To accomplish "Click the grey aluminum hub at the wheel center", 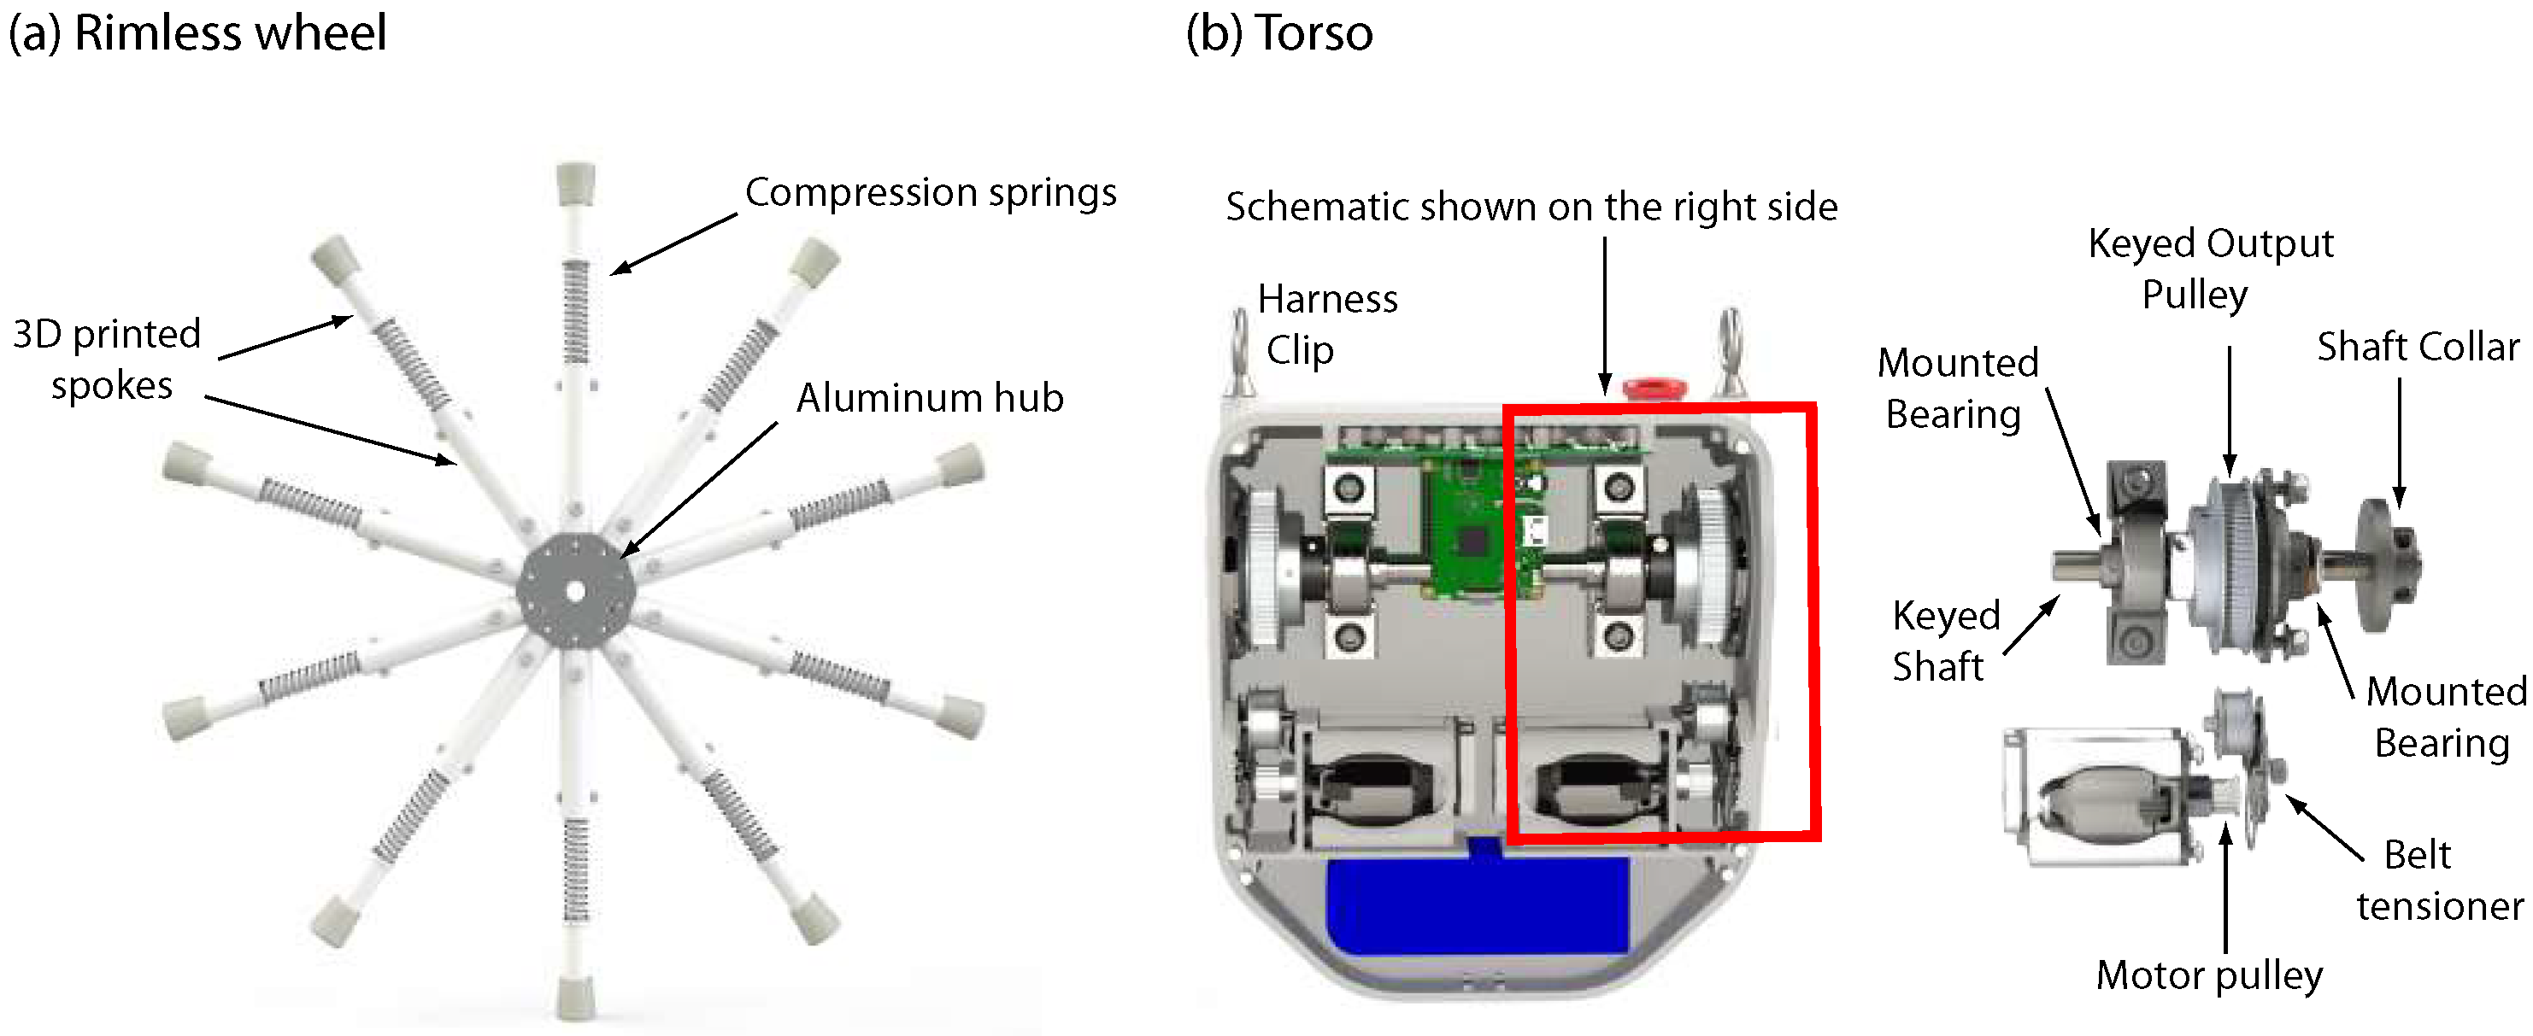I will [576, 591].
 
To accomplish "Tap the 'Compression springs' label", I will [930, 193].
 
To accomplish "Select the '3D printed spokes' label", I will [109, 360].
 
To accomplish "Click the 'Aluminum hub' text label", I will [929, 398].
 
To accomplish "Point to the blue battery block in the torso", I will [1475, 904].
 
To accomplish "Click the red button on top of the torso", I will [1653, 389].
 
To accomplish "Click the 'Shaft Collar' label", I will [2417, 347].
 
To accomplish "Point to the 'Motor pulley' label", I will [2208, 975].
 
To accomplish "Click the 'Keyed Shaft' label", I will [1944, 641].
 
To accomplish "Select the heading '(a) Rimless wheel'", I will [197, 32].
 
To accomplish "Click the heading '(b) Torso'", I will [1278, 32].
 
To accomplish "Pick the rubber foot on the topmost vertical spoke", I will [574, 183].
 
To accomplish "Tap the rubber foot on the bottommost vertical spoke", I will [574, 998].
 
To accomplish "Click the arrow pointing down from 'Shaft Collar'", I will [2400, 442].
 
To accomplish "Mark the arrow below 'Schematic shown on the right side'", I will [1605, 314].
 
